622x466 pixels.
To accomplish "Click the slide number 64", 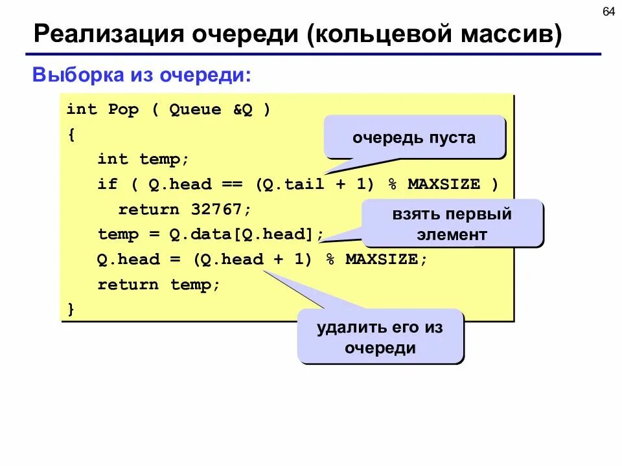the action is [x=608, y=13].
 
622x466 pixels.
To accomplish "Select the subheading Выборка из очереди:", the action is [x=142, y=75].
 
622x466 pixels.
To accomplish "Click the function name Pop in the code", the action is [x=123, y=109].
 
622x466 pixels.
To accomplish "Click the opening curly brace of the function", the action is [x=71, y=135].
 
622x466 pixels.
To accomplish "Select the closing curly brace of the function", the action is [x=71, y=309].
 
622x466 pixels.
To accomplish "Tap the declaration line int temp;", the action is [x=143, y=159].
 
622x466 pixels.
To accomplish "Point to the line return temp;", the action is [x=159, y=284].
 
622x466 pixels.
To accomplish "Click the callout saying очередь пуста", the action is [x=414, y=137].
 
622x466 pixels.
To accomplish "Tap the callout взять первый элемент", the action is [x=452, y=223].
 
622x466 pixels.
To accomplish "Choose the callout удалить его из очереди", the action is [x=380, y=337].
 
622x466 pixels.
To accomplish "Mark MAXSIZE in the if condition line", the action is [x=444, y=184].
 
